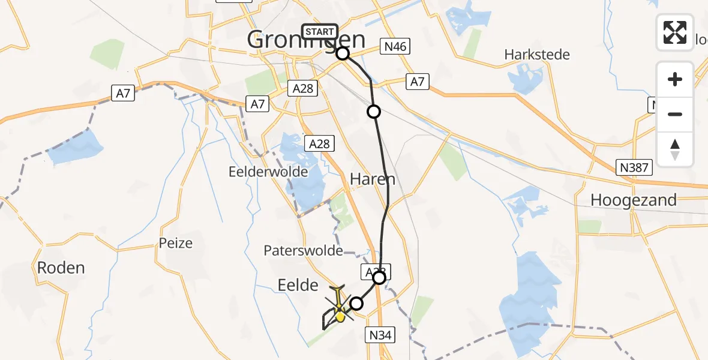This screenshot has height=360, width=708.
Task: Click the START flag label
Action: coord(320,31)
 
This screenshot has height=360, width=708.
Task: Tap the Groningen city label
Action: coord(306,41)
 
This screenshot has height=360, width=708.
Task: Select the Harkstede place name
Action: coord(537,55)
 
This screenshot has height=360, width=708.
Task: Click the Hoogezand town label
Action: coord(634,200)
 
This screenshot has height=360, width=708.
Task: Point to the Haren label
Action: coord(373,179)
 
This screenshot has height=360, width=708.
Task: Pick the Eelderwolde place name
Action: coord(268,172)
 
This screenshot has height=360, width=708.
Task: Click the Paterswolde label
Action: coord(303,251)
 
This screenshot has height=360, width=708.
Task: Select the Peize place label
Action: coord(176,243)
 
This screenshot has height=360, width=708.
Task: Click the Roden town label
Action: coord(61,268)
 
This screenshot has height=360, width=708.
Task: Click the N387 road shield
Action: coord(634,167)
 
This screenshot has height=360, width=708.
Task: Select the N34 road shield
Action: coord(380,335)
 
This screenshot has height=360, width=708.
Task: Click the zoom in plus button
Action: coord(675,79)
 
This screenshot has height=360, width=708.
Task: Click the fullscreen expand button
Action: coord(675,32)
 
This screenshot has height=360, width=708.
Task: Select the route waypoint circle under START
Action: coord(343,53)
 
